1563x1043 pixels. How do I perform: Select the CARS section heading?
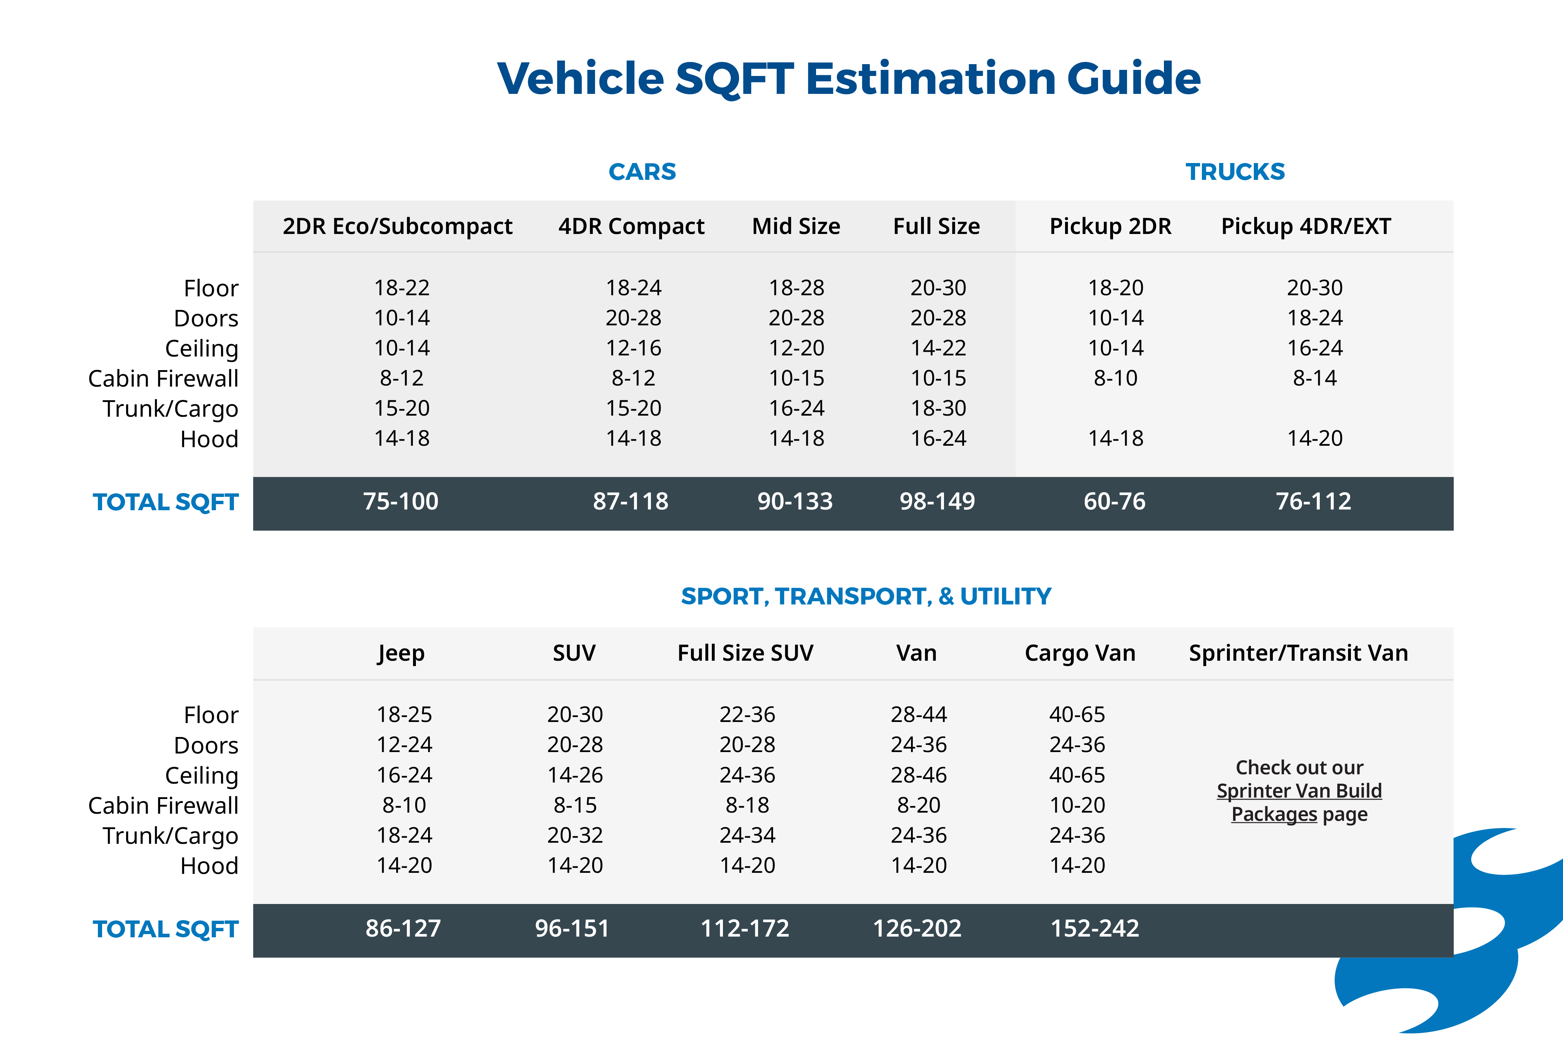tap(642, 172)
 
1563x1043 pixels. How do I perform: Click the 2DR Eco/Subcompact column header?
tap(397, 226)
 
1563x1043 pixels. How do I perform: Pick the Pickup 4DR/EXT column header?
tap(1305, 226)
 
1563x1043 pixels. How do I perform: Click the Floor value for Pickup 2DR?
tap(1116, 287)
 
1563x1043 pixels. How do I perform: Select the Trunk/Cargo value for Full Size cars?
tap(938, 408)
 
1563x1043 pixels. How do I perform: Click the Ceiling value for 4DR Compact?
tap(633, 348)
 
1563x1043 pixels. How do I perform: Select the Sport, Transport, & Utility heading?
tap(866, 596)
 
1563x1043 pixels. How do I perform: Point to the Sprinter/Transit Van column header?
tap(1298, 653)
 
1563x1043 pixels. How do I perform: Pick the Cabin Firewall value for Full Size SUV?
tap(747, 805)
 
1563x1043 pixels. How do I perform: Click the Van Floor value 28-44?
tap(919, 714)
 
